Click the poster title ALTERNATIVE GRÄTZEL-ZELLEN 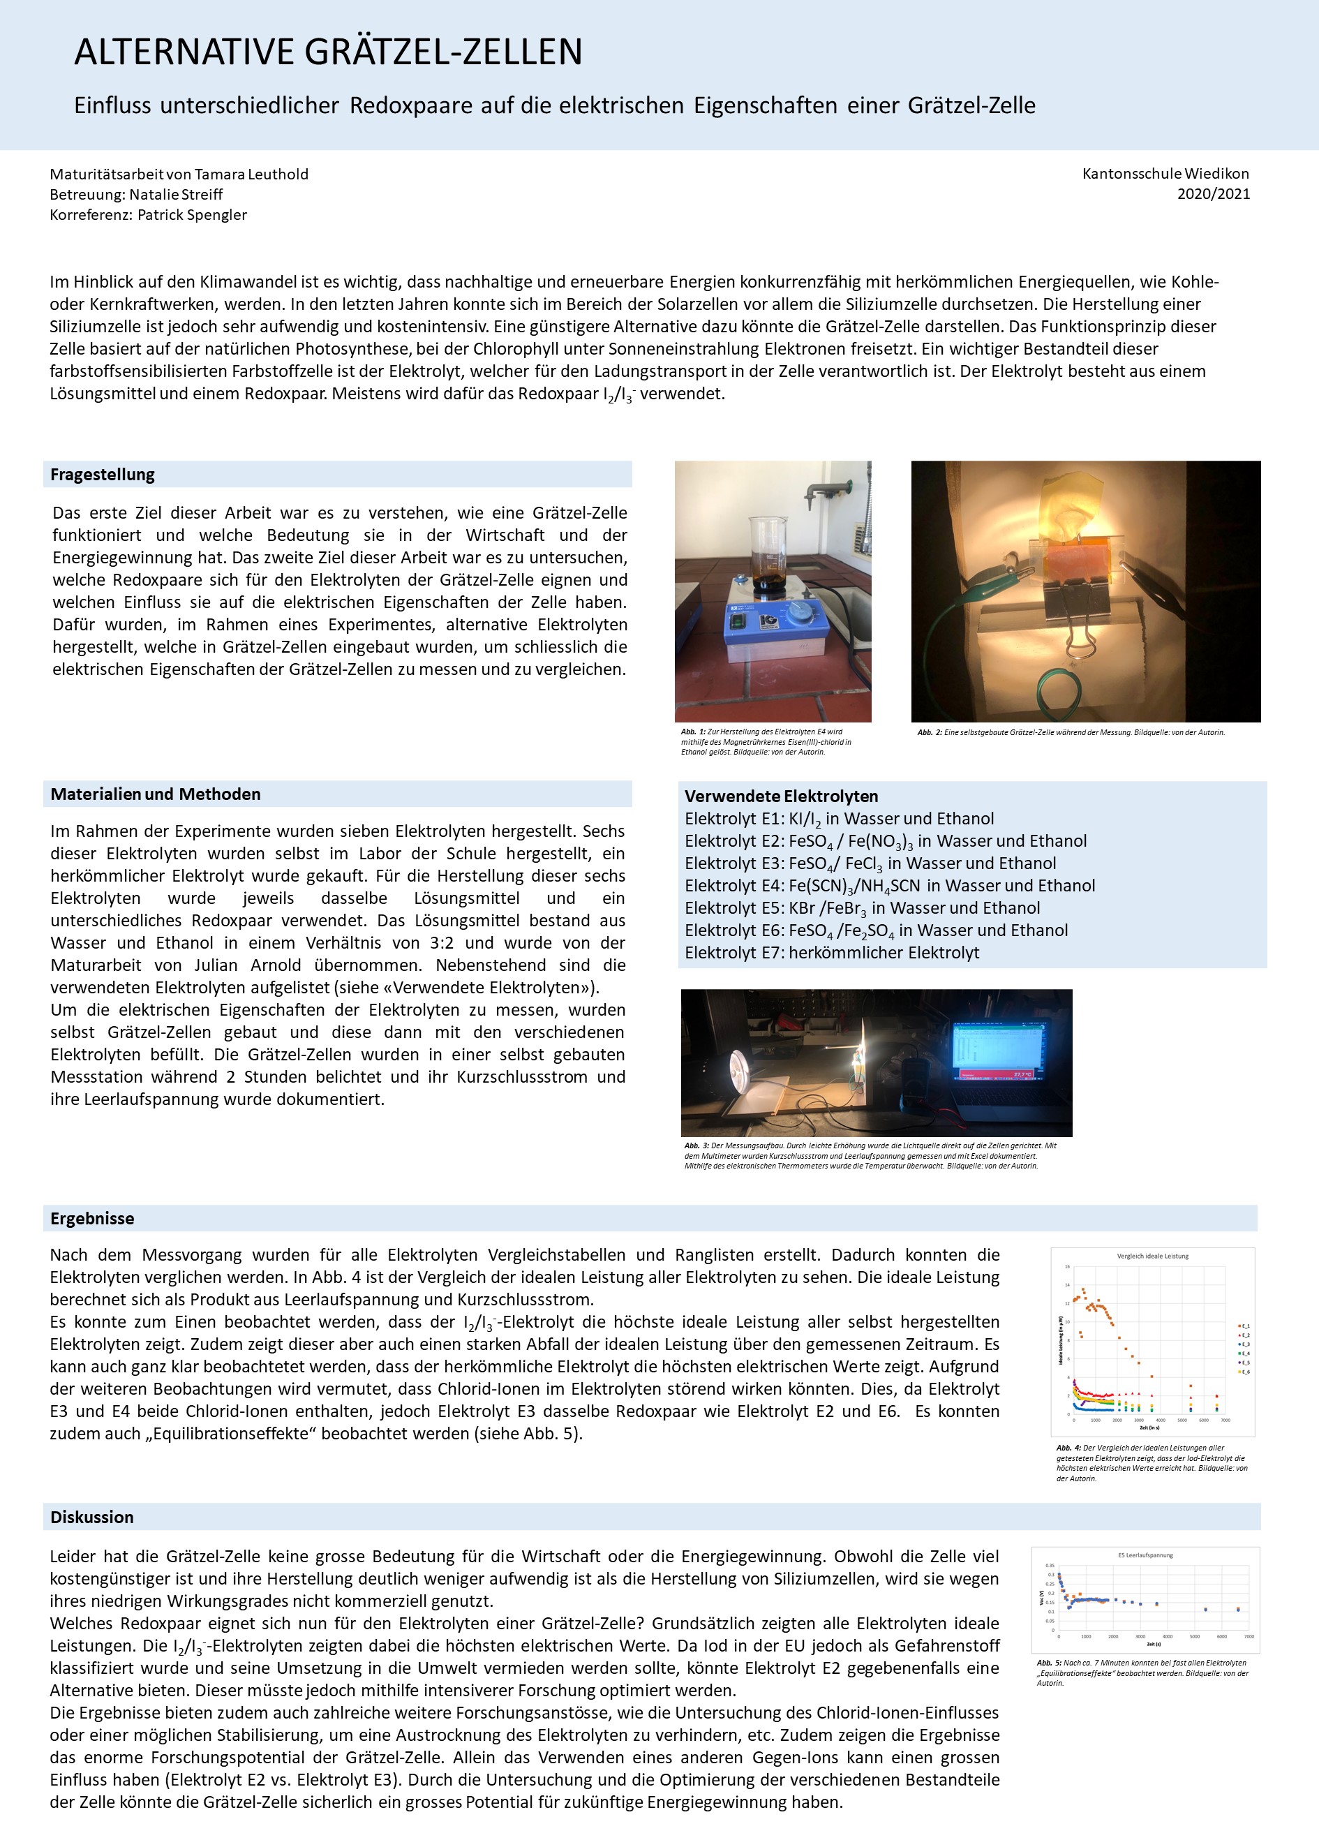(328, 52)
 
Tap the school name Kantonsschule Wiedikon (1165, 173)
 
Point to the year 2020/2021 (1213, 193)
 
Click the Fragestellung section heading (103, 475)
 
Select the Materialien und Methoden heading (155, 794)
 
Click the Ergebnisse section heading (92, 1218)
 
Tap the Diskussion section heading (92, 1518)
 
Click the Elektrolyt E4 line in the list (889, 885)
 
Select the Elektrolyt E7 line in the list (831, 952)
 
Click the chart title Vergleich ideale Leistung (1152, 1256)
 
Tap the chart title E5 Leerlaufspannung (1145, 1555)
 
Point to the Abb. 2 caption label (929, 732)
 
